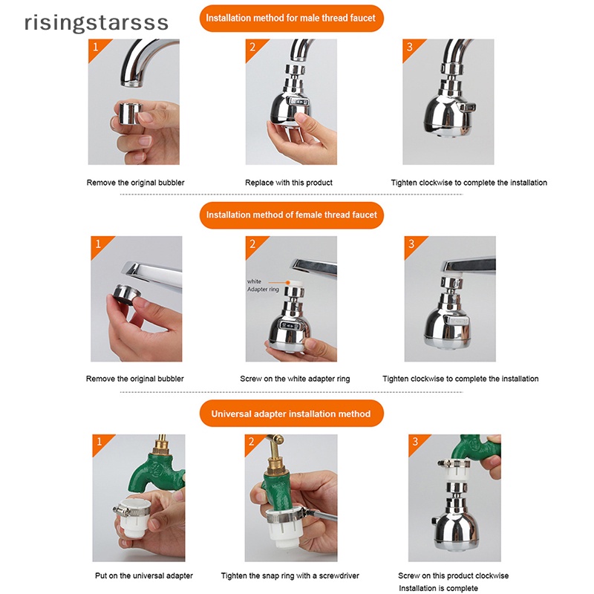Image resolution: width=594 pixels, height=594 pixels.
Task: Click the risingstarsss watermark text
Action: pos(97,23)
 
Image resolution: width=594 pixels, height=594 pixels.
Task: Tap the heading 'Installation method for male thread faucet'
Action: pos(291,18)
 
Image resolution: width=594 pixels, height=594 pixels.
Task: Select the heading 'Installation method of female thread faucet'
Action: pos(291,215)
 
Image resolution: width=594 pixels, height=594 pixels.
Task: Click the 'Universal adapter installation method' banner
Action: pos(291,414)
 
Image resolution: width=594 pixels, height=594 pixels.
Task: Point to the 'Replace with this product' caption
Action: pos(289,183)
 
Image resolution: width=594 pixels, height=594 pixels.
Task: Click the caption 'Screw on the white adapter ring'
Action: pos(295,379)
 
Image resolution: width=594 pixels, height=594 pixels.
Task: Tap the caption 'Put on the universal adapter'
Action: pos(144,576)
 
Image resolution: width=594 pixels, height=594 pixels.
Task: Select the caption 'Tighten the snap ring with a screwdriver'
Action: pos(290,576)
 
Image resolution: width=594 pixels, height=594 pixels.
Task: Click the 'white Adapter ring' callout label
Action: pos(263,285)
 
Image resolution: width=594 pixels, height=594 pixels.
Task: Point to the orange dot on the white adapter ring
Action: pos(288,282)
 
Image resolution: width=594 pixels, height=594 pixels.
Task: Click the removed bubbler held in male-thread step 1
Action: pos(129,114)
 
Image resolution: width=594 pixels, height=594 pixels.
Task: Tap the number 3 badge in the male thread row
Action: pos(410,47)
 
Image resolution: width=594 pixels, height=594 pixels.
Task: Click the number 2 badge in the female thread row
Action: pos(252,244)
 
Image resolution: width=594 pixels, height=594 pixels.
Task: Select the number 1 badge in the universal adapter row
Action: pos(99,442)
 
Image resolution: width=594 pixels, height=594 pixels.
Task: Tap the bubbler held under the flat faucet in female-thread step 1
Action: pos(127,294)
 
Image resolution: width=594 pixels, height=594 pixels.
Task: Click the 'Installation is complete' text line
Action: pos(438,588)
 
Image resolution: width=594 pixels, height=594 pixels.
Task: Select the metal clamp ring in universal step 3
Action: pos(453,463)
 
